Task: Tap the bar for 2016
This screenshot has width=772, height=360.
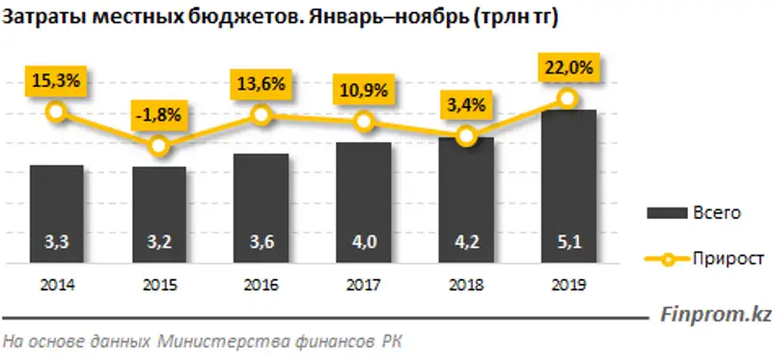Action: (x=261, y=207)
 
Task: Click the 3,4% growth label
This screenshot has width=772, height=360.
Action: (x=465, y=100)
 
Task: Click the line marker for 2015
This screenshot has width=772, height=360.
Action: (x=159, y=147)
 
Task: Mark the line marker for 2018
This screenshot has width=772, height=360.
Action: (x=466, y=137)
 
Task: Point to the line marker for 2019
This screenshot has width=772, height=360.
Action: (x=568, y=98)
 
